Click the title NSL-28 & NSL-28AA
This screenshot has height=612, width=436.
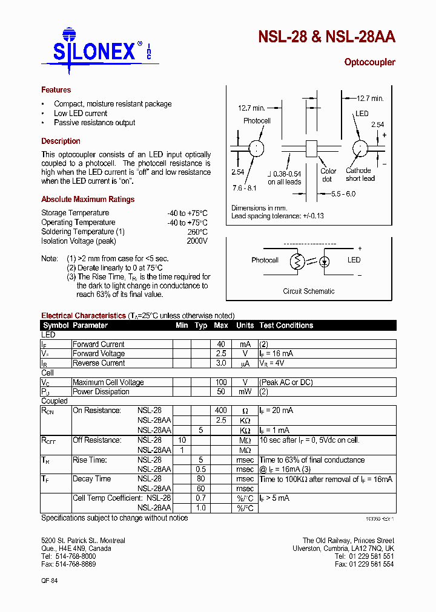[x=326, y=37]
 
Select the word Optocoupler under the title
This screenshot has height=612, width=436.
[x=369, y=62]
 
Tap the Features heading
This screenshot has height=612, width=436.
[x=56, y=90]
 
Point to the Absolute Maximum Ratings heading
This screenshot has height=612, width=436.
[x=88, y=200]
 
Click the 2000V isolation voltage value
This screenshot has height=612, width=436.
[x=197, y=241]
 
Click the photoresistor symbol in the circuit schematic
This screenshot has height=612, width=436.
[x=297, y=261]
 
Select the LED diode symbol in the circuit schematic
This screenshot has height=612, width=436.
[x=325, y=261]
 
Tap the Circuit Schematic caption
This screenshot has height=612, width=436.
[x=308, y=291]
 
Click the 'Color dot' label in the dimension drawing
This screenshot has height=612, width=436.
[x=328, y=175]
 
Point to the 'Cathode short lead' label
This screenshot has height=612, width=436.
[x=360, y=174]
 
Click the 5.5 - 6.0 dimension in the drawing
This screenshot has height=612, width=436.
[x=343, y=194]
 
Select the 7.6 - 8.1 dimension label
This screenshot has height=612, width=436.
[x=245, y=189]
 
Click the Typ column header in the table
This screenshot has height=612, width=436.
[x=201, y=325]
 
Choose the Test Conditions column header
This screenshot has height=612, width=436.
[x=286, y=325]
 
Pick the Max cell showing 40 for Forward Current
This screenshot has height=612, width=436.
[x=221, y=344]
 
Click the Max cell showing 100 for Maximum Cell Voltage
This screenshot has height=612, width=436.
[x=221, y=382]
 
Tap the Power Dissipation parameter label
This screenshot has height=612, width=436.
[x=101, y=392]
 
